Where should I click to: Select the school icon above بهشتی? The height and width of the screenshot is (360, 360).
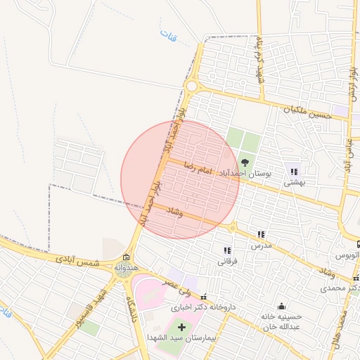[294, 172]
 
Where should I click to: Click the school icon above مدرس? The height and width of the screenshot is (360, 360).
[261, 235]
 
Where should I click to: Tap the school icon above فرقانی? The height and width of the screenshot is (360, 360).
[226, 250]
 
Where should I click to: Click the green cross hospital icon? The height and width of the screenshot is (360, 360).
[181, 327]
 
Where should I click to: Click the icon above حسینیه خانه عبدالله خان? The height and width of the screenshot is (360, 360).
[282, 306]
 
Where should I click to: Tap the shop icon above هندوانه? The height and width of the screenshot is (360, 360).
[126, 257]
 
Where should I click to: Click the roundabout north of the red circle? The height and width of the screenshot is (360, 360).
[191, 86]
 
